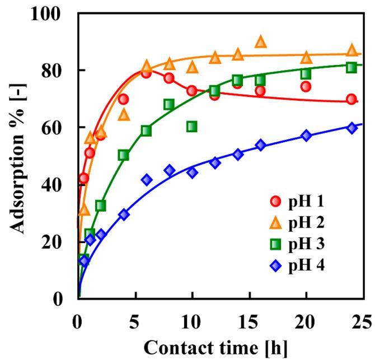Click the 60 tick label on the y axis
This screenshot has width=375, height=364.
pos(55,128)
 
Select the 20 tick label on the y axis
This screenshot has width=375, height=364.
pos(55,242)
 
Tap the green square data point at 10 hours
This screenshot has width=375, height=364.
pos(192,127)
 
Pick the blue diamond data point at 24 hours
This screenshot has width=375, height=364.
pos(351,128)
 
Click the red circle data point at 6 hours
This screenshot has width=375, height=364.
pos(147,73)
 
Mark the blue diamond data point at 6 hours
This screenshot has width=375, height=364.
pos(147,180)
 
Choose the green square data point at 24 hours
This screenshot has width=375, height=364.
pos(351,67)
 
